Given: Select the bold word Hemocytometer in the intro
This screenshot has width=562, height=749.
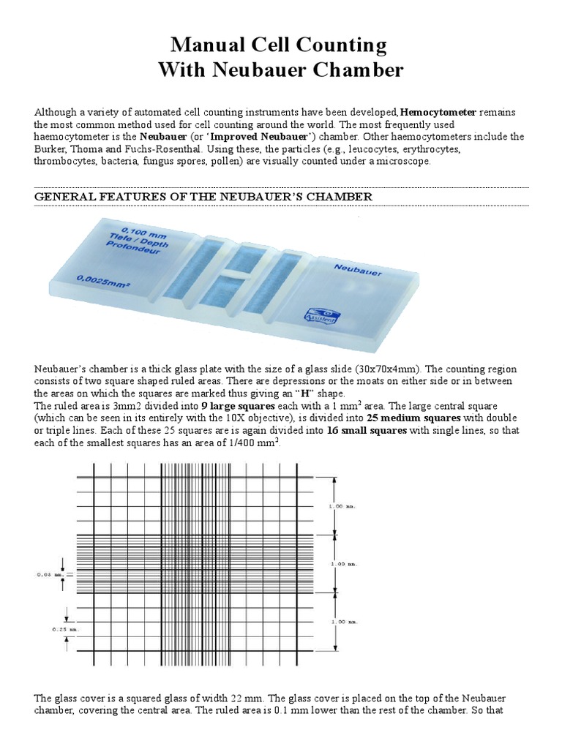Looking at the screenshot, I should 438,112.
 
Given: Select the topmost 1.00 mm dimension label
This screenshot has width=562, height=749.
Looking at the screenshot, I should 362,506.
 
